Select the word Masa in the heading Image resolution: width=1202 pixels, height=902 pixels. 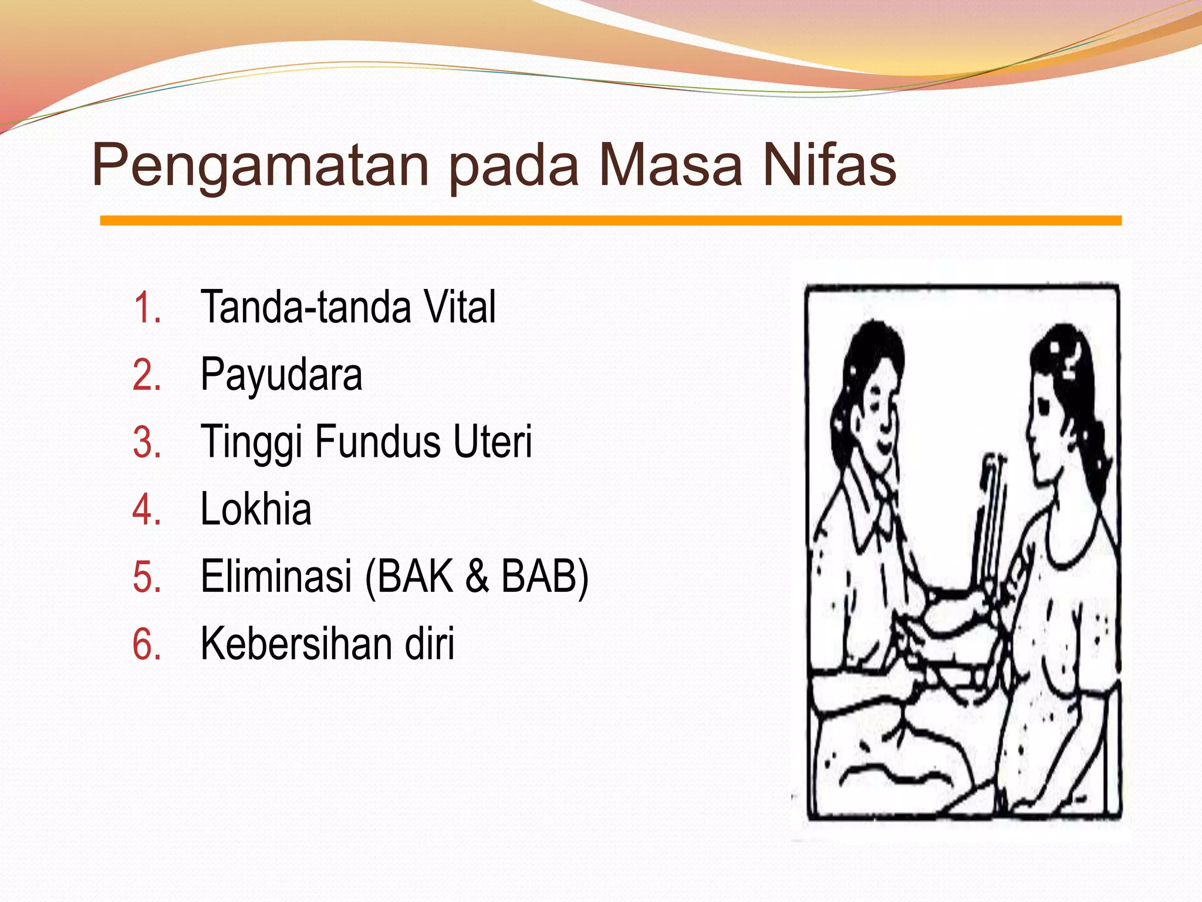[670, 166]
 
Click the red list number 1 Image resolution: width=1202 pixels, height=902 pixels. [147, 308]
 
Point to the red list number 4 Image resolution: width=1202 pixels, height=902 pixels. [147, 510]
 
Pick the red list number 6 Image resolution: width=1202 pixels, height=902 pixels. [147, 645]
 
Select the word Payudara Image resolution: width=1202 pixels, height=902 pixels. [281, 375]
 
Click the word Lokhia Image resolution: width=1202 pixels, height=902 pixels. [256, 509]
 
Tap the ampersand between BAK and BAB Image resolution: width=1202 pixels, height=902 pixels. [477, 576]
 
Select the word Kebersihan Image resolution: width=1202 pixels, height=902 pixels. [296, 644]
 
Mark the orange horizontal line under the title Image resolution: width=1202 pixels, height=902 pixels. [610, 221]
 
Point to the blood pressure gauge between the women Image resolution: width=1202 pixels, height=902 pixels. [992, 517]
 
